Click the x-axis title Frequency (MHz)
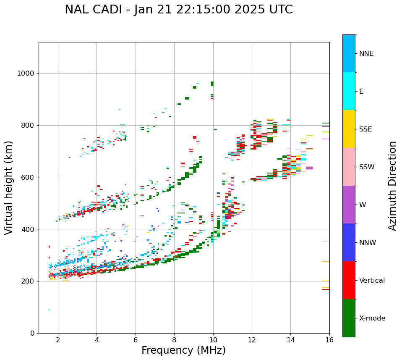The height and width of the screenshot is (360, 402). [183, 350]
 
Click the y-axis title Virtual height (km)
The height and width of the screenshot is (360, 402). [9, 187]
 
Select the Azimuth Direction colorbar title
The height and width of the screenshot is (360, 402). [392, 186]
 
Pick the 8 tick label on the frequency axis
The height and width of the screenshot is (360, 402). [174, 340]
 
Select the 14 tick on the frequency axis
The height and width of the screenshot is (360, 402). [290, 340]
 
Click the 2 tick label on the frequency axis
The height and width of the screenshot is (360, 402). [58, 340]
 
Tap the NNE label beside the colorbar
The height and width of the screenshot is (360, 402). [366, 54]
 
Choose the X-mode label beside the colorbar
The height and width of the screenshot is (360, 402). [372, 318]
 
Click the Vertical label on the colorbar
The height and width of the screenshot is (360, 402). [372, 281]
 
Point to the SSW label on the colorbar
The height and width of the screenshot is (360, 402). [367, 167]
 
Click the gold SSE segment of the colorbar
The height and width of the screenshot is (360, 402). [349, 129]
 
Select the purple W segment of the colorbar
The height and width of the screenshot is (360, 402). [349, 205]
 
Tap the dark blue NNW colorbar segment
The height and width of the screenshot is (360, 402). [349, 242]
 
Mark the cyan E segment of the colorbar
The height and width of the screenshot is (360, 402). [349, 91]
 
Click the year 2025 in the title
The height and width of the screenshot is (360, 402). [248, 10]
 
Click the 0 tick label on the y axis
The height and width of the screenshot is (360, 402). [32, 333]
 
